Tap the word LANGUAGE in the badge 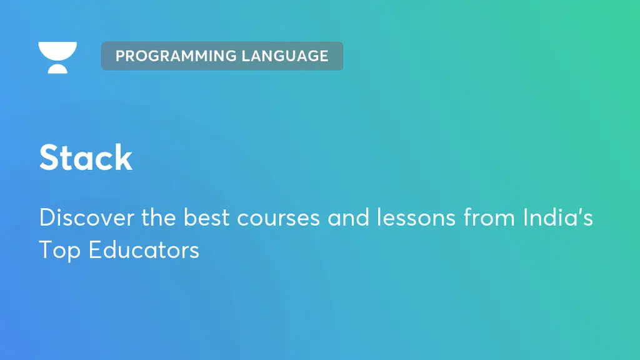point(285,56)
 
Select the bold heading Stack point(86,157)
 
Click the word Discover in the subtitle point(86,217)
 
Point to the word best point(206,217)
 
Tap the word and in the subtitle point(348,217)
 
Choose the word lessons point(416,217)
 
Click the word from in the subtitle point(489,217)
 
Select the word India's point(558,217)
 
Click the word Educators point(144,250)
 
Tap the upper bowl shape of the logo point(57,51)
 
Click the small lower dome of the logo point(57,69)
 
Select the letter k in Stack point(123,157)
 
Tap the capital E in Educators point(95,250)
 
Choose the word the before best point(158,217)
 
